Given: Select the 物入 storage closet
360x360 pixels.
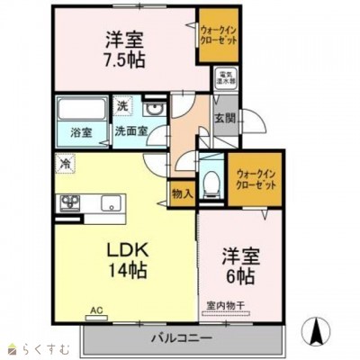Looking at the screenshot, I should point(181,192).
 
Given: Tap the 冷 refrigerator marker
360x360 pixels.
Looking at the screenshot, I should point(66,163).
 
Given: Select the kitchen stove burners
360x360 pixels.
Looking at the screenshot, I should point(69,203).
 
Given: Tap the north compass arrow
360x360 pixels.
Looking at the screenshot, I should point(316,330).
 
